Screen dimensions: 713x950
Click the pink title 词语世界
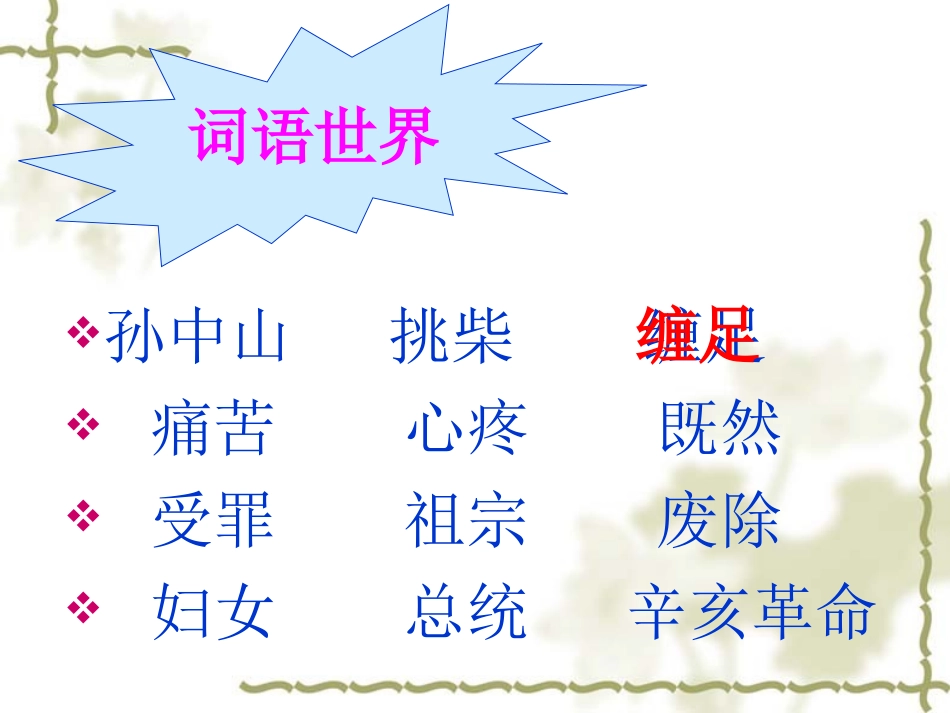[316, 137]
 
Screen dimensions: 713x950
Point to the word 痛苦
[212, 432]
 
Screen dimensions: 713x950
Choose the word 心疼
[467, 432]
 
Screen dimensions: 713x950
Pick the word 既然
[719, 432]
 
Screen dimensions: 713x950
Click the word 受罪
[212, 524]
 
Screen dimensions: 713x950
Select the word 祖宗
[466, 524]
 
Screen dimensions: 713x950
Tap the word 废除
[719, 524]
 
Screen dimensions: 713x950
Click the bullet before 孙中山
[86, 332]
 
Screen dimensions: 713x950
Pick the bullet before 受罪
[86, 517]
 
